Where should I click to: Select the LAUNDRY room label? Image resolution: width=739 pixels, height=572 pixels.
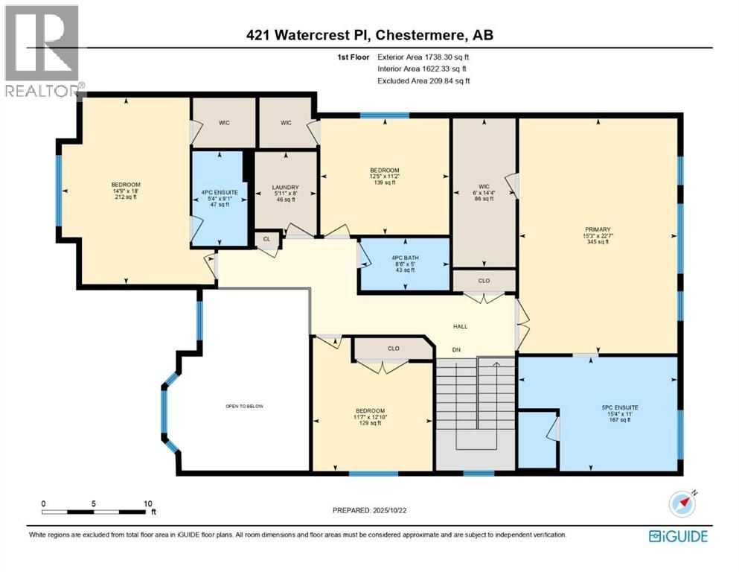click(286, 188)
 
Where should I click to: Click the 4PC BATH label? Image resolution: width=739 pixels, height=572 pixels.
click(405, 258)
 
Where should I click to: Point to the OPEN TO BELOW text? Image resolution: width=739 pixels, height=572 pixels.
click(244, 406)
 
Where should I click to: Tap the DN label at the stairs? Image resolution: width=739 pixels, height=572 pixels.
click(458, 349)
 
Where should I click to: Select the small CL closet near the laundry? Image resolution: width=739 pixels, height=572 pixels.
click(266, 239)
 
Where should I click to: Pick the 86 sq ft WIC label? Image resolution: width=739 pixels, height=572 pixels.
click(484, 199)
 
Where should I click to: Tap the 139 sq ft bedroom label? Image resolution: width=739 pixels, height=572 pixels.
click(385, 182)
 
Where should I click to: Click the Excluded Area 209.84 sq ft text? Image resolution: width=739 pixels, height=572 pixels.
click(423, 80)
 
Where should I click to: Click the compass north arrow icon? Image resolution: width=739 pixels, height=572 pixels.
click(682, 504)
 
